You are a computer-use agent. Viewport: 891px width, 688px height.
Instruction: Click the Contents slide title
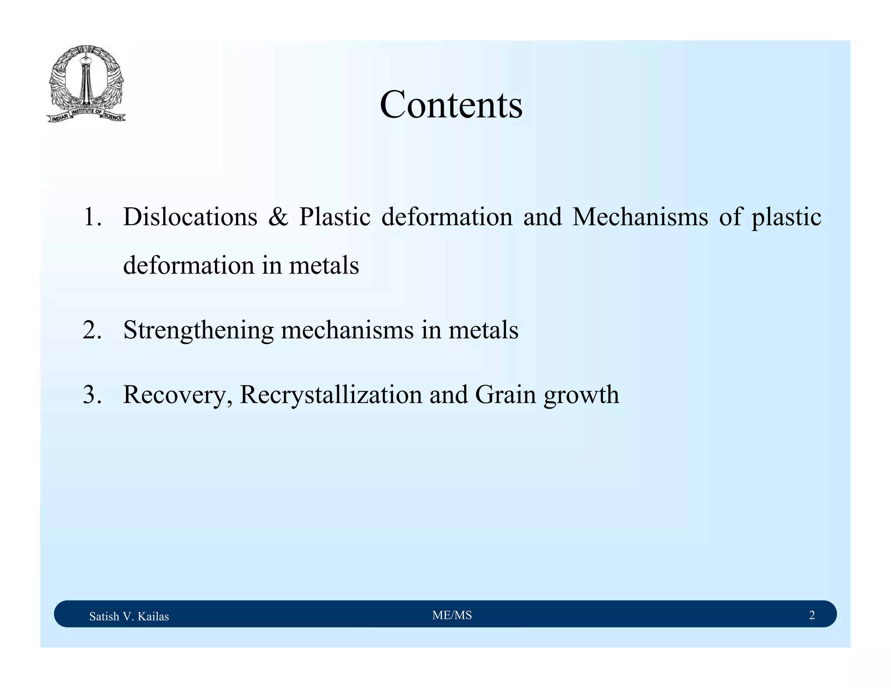click(x=451, y=105)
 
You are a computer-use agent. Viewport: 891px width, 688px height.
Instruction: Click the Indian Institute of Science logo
click(x=86, y=84)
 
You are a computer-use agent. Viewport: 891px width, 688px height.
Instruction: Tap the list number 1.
click(x=92, y=217)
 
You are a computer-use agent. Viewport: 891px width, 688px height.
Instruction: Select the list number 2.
click(x=92, y=330)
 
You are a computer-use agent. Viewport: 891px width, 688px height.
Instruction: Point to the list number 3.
click(x=92, y=394)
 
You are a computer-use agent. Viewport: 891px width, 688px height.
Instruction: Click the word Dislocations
click(x=190, y=217)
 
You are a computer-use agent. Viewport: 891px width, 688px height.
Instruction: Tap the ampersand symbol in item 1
click(x=278, y=217)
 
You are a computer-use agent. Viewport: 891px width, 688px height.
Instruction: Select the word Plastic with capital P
click(x=335, y=217)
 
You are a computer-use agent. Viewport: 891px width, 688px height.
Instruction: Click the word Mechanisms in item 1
click(x=640, y=217)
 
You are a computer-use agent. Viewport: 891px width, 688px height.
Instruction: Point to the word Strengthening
click(x=198, y=330)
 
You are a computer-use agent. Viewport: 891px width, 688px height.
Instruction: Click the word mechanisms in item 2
click(x=347, y=330)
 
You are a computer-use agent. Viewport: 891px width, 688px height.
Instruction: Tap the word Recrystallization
click(x=331, y=394)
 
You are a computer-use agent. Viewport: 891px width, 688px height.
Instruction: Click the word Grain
click(x=505, y=394)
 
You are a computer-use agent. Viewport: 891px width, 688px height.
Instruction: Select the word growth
click(x=581, y=394)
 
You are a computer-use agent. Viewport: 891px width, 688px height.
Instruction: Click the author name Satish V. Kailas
click(x=129, y=616)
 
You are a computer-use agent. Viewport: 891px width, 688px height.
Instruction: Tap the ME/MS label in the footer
click(x=452, y=615)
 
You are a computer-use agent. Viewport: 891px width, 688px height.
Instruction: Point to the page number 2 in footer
click(x=812, y=615)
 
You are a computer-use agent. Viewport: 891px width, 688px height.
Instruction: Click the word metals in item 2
click(x=483, y=330)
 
